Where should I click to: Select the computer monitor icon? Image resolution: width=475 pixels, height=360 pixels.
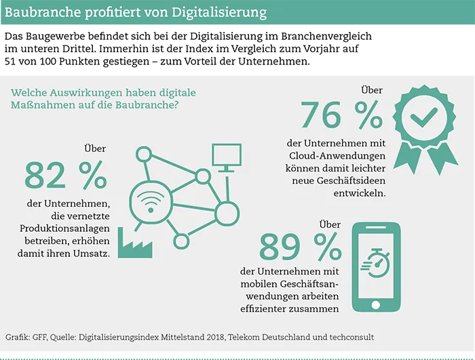coord(223,157)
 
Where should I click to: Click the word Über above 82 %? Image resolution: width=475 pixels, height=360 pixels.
coord(95,148)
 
